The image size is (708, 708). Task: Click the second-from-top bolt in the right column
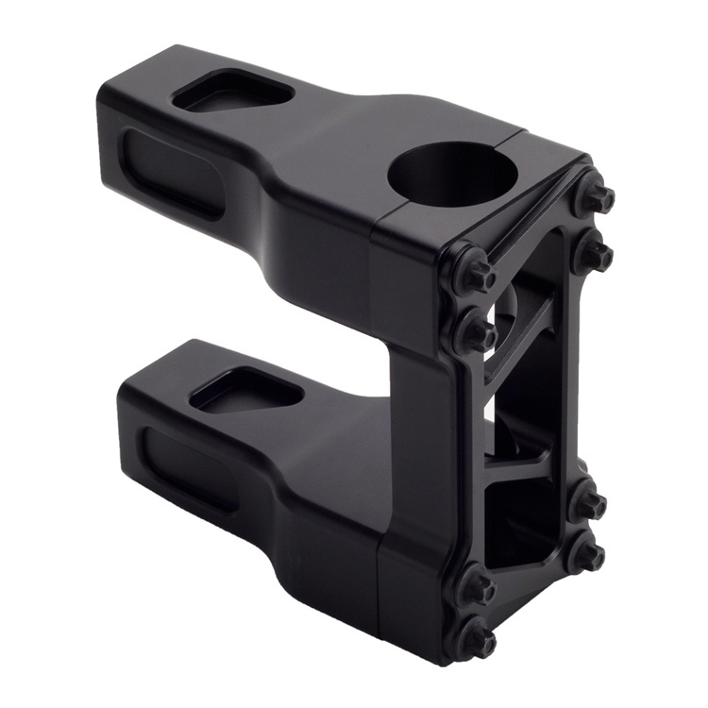pos(594,253)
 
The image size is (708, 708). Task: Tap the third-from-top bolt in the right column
pos(590,502)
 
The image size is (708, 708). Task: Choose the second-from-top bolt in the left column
pos(476,332)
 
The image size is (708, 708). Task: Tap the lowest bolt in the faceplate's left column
pos(477,642)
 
